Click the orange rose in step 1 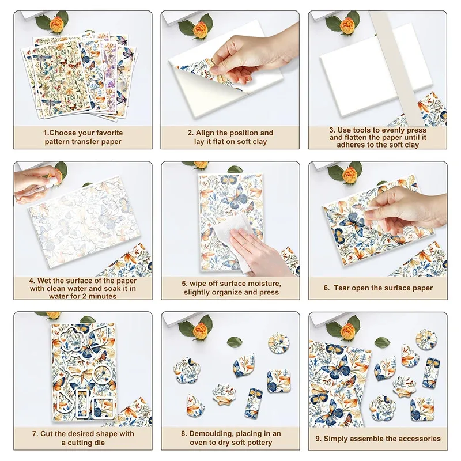point(56,24)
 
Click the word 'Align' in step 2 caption point(205,133)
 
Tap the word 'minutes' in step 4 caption point(102,296)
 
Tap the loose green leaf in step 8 point(235,341)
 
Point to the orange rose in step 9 point(350,330)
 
